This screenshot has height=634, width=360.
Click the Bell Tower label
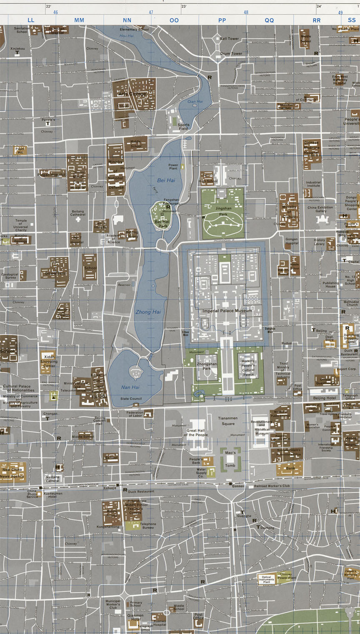pyautogui.click(x=230, y=39)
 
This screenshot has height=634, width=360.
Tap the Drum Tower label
pyautogui.click(x=231, y=54)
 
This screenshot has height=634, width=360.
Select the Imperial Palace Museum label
pyautogui.click(x=227, y=311)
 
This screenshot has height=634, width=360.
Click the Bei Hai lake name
pyautogui.click(x=166, y=180)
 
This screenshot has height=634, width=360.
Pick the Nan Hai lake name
pyautogui.click(x=130, y=387)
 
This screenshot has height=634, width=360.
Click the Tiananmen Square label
pyautogui.click(x=227, y=421)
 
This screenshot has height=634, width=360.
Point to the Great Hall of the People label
pyautogui.click(x=196, y=433)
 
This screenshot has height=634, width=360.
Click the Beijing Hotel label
pyautogui.click(x=325, y=398)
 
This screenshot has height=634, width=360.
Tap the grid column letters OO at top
pyautogui.click(x=174, y=20)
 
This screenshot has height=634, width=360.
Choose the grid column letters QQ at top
pyautogui.click(x=269, y=20)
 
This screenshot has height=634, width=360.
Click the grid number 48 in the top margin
pyautogui.click(x=246, y=12)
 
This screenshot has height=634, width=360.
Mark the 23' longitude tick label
pyautogui.click(x=184, y=6)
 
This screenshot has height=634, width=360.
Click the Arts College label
pyautogui.click(x=132, y=94)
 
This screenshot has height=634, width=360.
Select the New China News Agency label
pyautogui.click(x=12, y=473)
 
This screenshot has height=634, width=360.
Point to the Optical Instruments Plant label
pyautogui.click(x=266, y=579)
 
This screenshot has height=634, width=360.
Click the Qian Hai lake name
pyautogui.click(x=195, y=102)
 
